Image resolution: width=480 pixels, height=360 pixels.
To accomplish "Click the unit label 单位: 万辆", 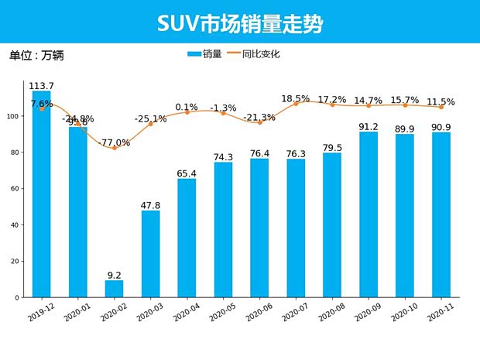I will (x=36, y=56).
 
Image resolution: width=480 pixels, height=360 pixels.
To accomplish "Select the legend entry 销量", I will (x=204, y=54).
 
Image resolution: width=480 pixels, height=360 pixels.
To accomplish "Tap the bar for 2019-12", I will (x=42, y=194).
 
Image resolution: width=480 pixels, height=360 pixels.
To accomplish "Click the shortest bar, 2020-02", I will (x=114, y=289).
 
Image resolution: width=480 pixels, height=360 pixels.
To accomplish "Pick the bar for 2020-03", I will (x=150, y=254).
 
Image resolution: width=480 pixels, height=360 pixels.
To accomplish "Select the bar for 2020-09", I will (x=369, y=214).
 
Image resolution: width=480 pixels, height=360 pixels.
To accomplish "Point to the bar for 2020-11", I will (x=441, y=215).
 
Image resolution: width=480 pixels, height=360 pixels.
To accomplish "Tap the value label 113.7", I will (x=41, y=85).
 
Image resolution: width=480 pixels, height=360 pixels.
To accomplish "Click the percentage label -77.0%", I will (x=114, y=143).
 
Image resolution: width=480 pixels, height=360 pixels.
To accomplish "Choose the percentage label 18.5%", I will (x=296, y=98).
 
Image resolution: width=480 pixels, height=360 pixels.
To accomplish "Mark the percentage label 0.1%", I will (x=187, y=107).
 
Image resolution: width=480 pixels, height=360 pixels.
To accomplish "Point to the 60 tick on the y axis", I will (x=19, y=188).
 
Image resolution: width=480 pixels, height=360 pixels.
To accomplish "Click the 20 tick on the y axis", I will (x=19, y=261).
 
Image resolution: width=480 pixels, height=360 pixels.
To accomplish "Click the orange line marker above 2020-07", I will (x=296, y=103).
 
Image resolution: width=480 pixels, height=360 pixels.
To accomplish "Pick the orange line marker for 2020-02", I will (x=114, y=148).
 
